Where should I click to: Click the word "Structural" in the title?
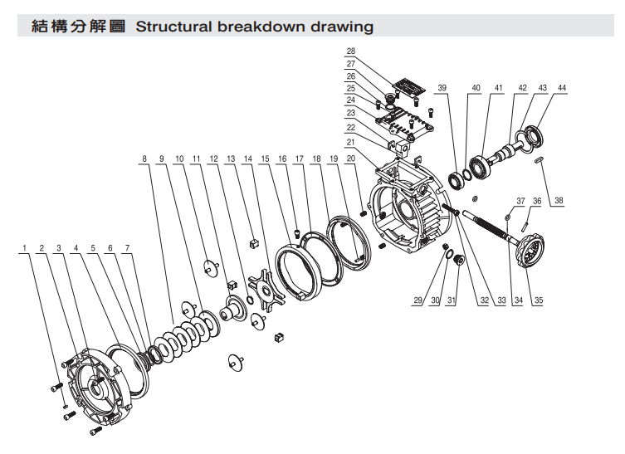coord(171,27)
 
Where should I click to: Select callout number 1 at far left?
coord(25,248)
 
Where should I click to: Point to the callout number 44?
coord(562,88)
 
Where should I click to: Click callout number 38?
coord(559,201)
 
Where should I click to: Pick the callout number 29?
coord(417,300)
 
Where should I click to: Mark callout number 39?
coord(442,88)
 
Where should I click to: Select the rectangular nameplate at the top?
coord(408,87)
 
